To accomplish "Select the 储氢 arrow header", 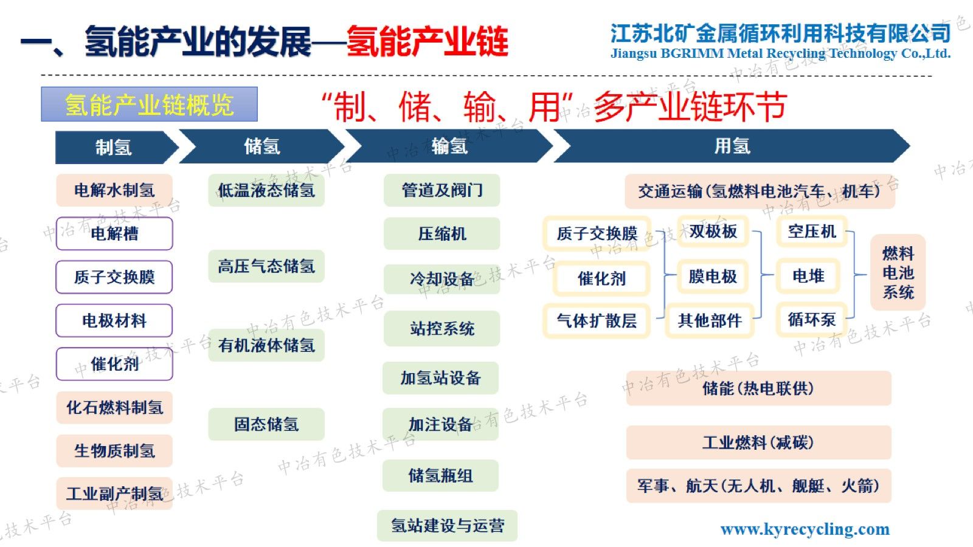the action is point(262,146).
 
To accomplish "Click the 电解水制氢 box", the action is point(114,190).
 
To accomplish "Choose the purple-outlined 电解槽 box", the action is point(114,233).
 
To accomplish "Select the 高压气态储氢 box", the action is point(266,266).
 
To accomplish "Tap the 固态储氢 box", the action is point(266,424).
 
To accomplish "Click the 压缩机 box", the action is point(441,234).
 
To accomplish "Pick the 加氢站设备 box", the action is point(440,377).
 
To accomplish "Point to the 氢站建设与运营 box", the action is point(448,526).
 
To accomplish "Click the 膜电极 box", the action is point(713,276).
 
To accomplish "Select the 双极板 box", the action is point(713,232).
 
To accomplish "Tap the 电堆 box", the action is point(808,276).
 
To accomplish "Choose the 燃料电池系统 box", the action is point(898,273).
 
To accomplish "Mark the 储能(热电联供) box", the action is point(758,388).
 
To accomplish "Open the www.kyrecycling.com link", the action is point(805,529).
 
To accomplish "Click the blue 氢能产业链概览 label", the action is point(150,104).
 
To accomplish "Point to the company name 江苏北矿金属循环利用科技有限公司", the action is point(781,33).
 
